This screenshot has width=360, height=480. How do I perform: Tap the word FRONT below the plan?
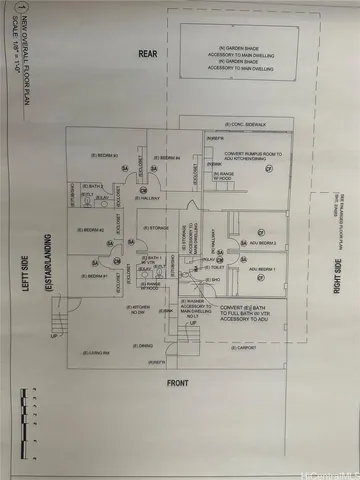tap(178, 383)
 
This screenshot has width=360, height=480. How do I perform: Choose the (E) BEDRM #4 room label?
tap(168, 157)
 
